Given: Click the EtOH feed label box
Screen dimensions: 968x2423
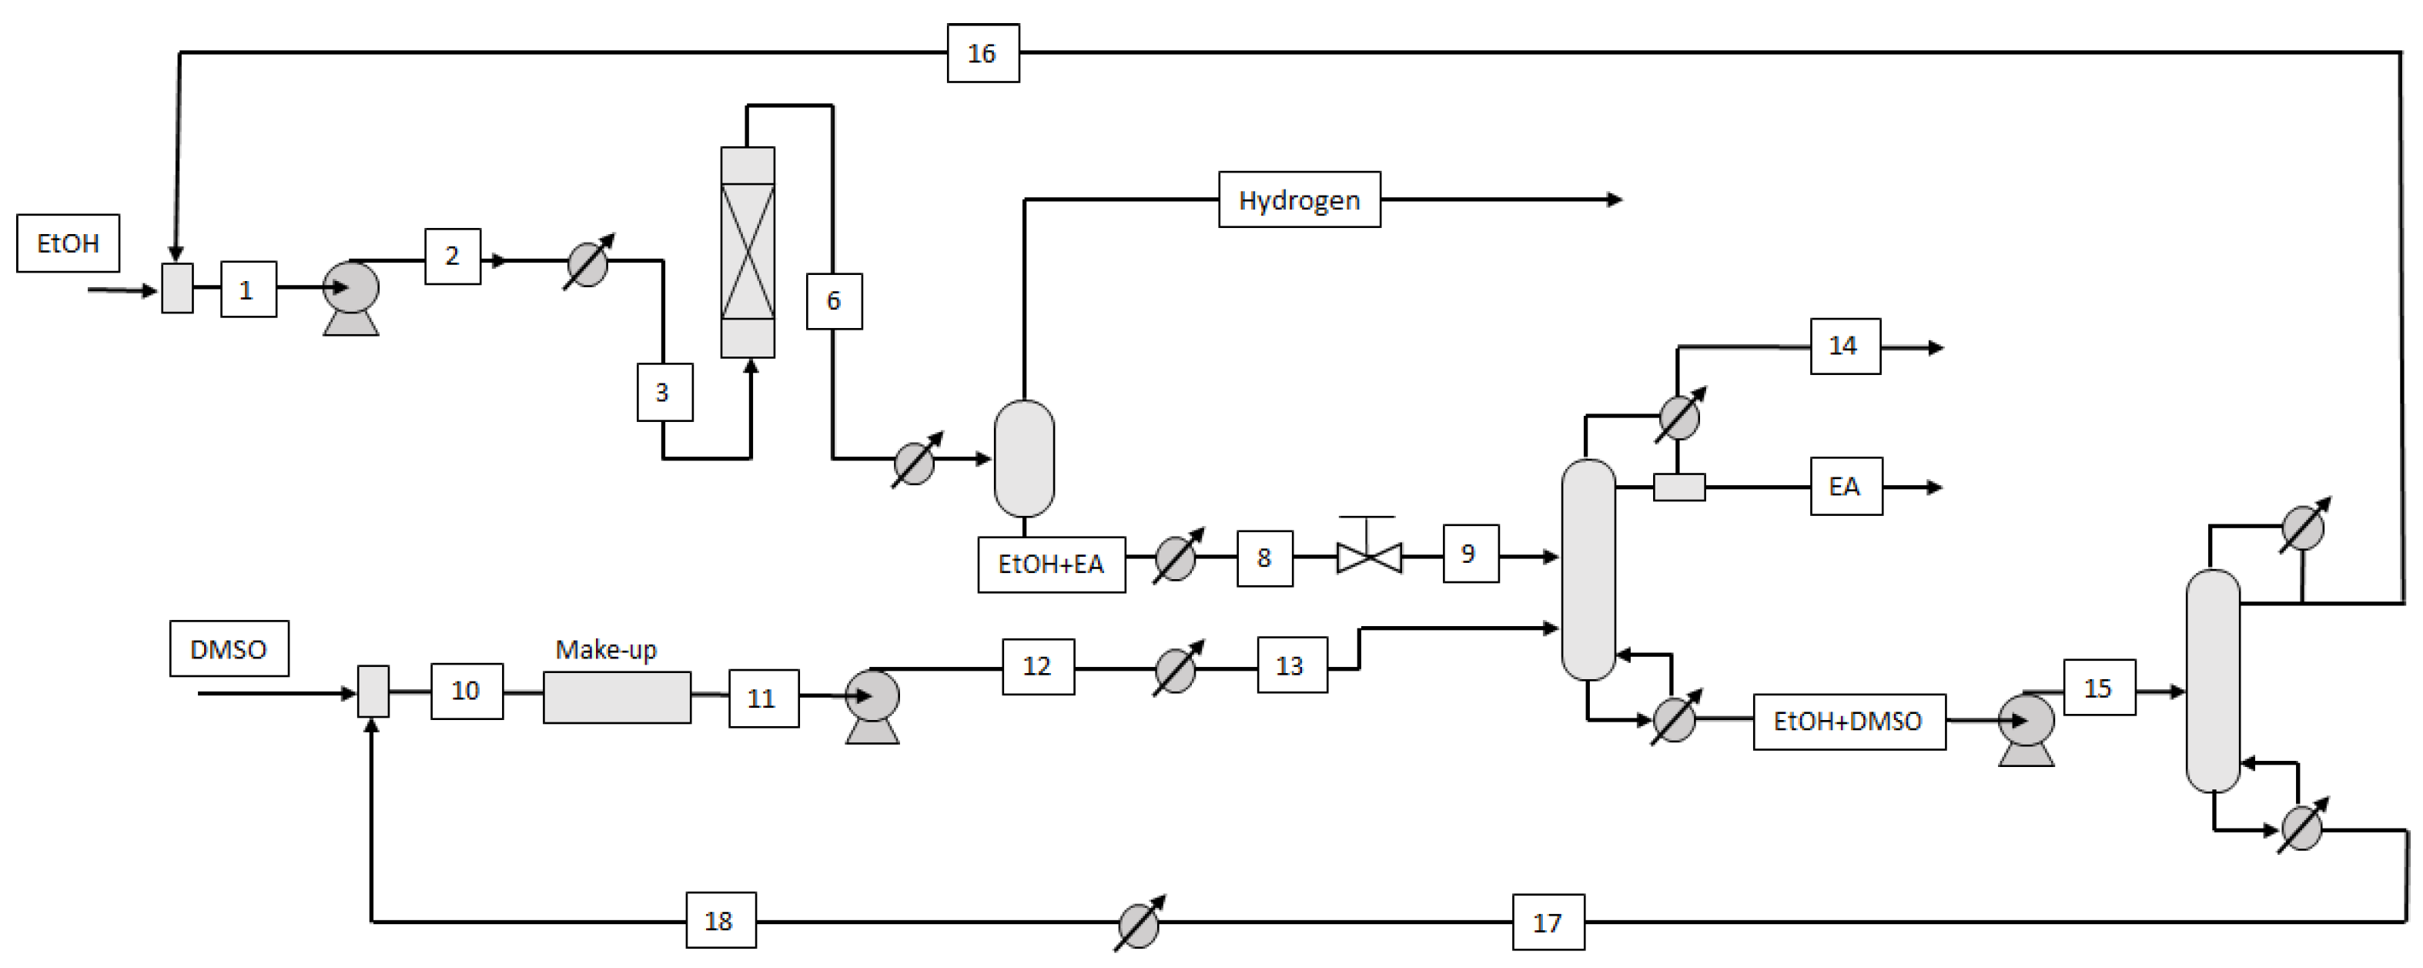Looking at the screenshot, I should [x=68, y=243].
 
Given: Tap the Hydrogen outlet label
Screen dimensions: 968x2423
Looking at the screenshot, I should [x=1299, y=199].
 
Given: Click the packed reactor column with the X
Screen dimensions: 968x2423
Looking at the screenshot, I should [x=748, y=252].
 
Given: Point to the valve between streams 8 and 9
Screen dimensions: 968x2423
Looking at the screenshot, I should [x=1369, y=556].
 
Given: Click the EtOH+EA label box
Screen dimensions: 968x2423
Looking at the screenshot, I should [x=1051, y=564].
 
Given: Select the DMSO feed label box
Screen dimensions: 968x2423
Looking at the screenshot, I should [x=229, y=649].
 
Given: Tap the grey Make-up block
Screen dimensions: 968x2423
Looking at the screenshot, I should [x=617, y=697].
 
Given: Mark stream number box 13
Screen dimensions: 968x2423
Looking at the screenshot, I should [x=1291, y=665].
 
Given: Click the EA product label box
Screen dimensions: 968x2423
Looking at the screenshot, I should [x=1846, y=487].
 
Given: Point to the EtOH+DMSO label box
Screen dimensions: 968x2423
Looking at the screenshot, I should [x=1849, y=722].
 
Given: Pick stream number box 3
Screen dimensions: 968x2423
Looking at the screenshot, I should [x=664, y=392].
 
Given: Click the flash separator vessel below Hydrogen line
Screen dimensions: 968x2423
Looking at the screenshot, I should [x=1024, y=458].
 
